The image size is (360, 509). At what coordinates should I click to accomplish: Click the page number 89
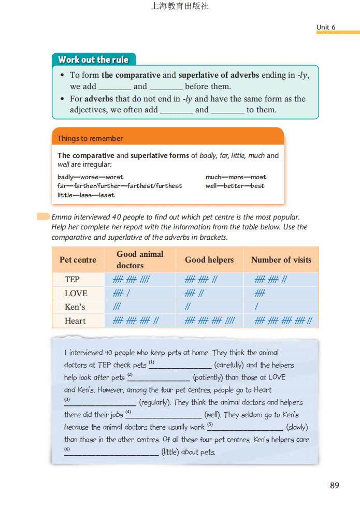coord(334,485)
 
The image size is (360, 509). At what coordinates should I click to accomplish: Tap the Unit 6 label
coord(326,27)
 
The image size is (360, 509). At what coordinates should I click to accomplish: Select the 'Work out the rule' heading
coord(93,60)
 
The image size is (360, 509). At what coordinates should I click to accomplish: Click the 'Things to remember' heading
coord(90,138)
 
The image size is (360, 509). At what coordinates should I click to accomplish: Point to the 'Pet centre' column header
coord(78,259)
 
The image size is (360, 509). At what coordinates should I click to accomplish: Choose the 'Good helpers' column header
coord(209,259)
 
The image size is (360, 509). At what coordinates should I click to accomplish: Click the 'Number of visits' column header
coord(281,259)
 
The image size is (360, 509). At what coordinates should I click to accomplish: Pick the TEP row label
coord(72,280)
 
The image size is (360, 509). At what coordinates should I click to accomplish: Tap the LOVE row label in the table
coord(76,293)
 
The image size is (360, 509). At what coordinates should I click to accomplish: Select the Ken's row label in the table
coord(75,307)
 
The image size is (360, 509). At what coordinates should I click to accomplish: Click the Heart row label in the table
coord(75,321)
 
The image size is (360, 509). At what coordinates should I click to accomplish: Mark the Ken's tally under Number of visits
coord(256,307)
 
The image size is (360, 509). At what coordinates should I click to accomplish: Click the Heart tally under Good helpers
coord(210,321)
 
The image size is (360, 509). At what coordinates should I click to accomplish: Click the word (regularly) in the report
coord(157,402)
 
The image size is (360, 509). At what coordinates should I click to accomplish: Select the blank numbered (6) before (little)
coord(111,452)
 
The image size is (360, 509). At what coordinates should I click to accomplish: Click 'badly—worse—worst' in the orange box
coord(90,177)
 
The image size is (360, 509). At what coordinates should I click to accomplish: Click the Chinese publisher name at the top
coord(179,7)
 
